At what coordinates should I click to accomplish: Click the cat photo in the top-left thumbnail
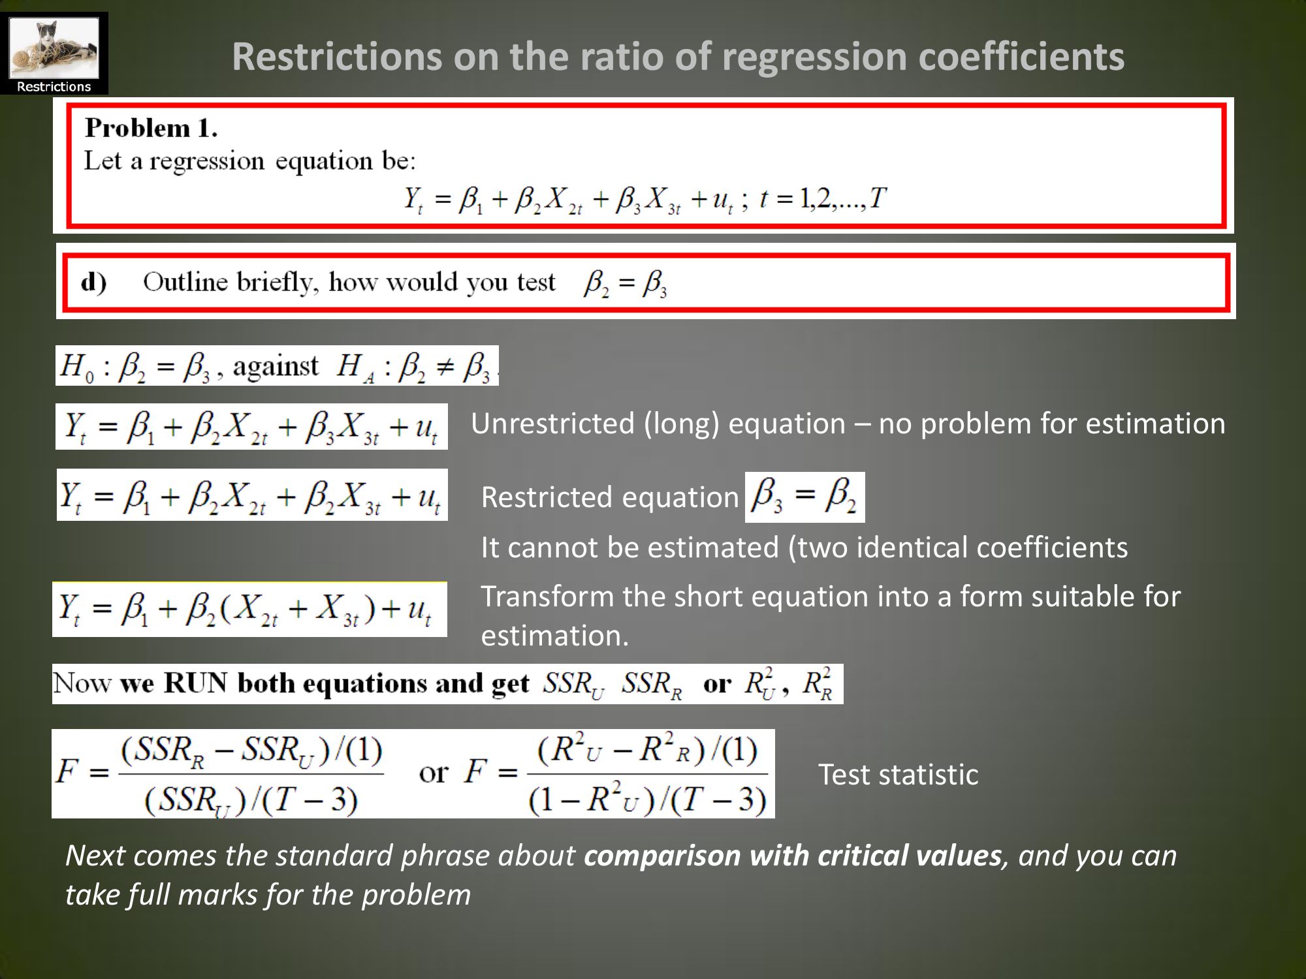tap(54, 48)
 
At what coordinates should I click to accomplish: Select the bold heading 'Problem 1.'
tap(151, 128)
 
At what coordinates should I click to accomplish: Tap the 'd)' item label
tap(94, 283)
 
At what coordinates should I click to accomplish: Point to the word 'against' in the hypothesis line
tap(276, 366)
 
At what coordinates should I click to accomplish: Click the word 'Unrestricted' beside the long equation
tap(552, 424)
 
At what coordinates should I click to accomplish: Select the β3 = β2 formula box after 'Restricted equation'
tap(804, 497)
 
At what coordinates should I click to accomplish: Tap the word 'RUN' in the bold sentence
tap(195, 683)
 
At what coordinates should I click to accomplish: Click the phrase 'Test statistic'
tap(898, 775)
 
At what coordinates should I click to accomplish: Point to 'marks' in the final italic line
tap(217, 895)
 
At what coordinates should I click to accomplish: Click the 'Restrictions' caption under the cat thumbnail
tap(54, 87)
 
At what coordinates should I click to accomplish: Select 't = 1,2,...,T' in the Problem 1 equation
tap(823, 198)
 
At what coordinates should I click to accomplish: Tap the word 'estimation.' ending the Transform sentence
tap(554, 636)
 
